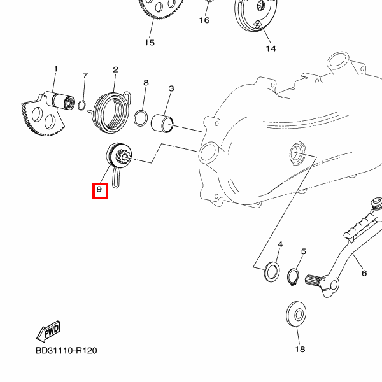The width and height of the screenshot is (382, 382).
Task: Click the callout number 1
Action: tap(56, 69)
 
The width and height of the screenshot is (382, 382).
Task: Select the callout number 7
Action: tap(85, 76)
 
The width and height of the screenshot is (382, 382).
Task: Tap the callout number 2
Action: tap(115, 70)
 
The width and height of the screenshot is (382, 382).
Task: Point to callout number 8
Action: tap(146, 83)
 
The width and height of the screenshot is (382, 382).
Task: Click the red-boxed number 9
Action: tap(100, 190)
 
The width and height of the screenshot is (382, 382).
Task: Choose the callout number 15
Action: tap(150, 43)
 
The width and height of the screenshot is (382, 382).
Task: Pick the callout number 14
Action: tap(271, 49)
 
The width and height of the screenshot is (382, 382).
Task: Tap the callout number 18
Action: tap(300, 350)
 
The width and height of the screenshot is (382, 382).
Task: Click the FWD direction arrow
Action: tap(48, 332)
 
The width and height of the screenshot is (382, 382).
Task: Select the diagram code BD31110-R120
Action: tap(66, 351)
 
